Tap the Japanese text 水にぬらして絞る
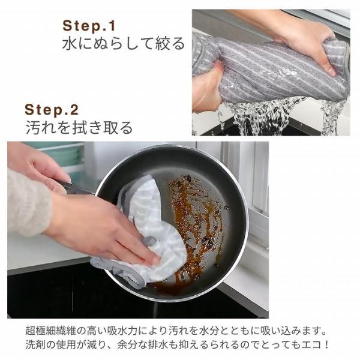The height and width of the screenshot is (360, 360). pos(124,44)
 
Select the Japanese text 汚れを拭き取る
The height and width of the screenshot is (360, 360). pos(79,128)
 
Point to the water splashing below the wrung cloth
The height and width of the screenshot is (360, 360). pos(264,117)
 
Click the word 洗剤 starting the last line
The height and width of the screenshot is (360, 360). pos(36,346)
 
